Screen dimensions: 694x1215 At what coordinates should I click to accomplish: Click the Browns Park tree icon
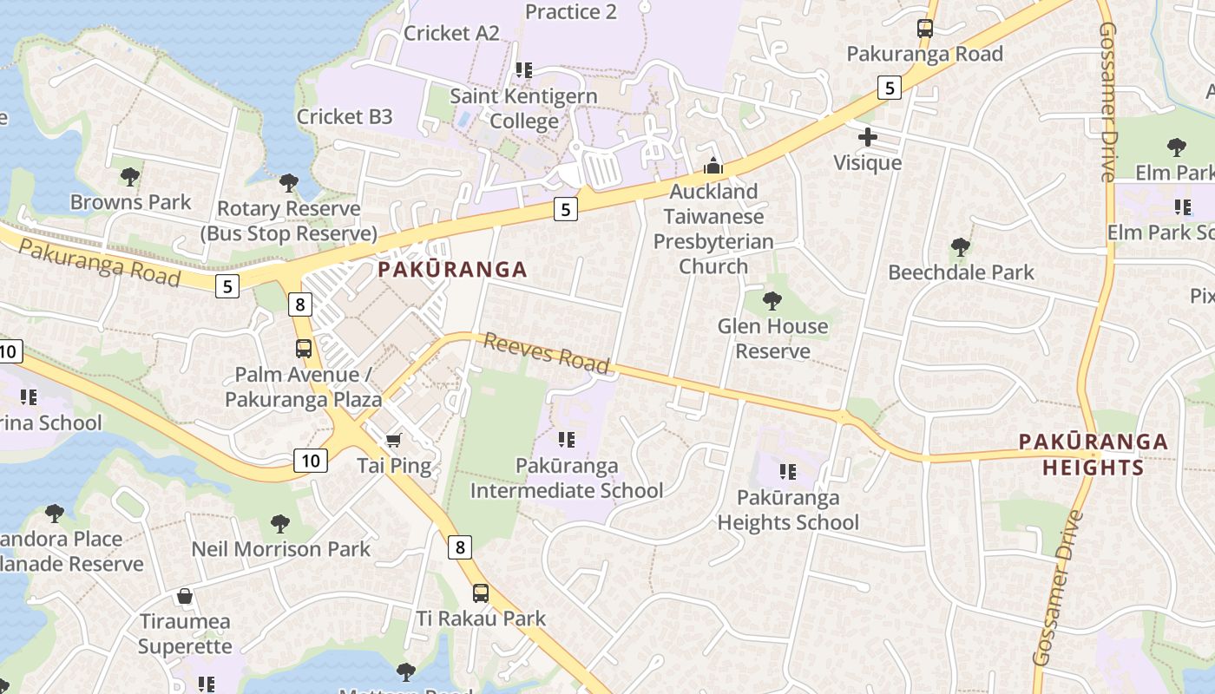(130, 177)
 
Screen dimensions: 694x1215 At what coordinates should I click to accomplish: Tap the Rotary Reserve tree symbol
(289, 183)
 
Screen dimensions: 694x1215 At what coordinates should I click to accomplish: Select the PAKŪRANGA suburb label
(452, 270)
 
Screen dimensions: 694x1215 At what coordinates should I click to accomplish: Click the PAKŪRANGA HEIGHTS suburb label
(1093, 455)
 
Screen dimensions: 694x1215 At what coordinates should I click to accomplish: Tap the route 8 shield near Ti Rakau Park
(461, 547)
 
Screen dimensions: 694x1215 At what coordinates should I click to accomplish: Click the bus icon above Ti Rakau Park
(481, 593)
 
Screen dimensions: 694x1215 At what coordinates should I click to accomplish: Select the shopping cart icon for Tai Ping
(393, 440)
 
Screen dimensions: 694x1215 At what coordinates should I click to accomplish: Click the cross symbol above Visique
(867, 137)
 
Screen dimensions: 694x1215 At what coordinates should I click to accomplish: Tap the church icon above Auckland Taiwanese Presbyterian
(713, 166)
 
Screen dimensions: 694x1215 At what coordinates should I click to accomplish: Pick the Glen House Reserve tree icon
(772, 301)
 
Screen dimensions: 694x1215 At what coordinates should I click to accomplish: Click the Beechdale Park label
(961, 272)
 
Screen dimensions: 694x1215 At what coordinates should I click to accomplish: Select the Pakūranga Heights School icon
(787, 472)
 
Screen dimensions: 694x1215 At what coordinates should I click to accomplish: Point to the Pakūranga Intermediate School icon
(567, 440)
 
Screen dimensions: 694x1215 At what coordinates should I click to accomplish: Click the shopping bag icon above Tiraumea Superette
(184, 596)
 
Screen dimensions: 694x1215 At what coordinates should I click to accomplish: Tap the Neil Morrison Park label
(280, 549)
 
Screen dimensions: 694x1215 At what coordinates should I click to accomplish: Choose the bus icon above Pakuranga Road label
(925, 29)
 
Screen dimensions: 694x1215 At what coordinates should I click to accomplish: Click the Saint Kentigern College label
(523, 108)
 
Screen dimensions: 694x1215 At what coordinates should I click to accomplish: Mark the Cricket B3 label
(345, 116)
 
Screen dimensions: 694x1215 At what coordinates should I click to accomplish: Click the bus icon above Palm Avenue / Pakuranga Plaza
(304, 349)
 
